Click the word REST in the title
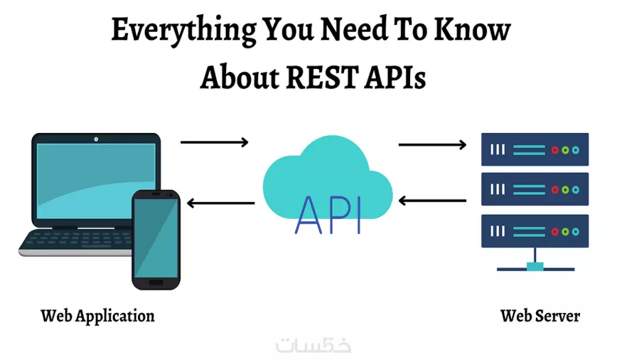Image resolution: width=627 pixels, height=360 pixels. click(327, 78)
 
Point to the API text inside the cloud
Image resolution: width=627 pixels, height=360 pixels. click(328, 214)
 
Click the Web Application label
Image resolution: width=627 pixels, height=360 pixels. click(97, 315)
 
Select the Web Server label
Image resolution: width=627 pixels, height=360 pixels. click(540, 315)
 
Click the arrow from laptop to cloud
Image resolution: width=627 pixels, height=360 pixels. click(214, 142)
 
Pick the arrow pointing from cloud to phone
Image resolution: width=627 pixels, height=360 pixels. click(221, 203)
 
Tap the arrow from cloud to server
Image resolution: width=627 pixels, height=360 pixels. click(433, 145)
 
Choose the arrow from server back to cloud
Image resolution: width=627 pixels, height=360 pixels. click(433, 201)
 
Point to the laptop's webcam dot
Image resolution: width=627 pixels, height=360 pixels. click(96, 138)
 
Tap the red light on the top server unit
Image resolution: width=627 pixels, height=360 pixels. click(554, 151)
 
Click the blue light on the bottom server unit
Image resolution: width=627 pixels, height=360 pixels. click(576, 231)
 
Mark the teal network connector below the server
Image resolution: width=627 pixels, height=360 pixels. click(535, 267)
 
